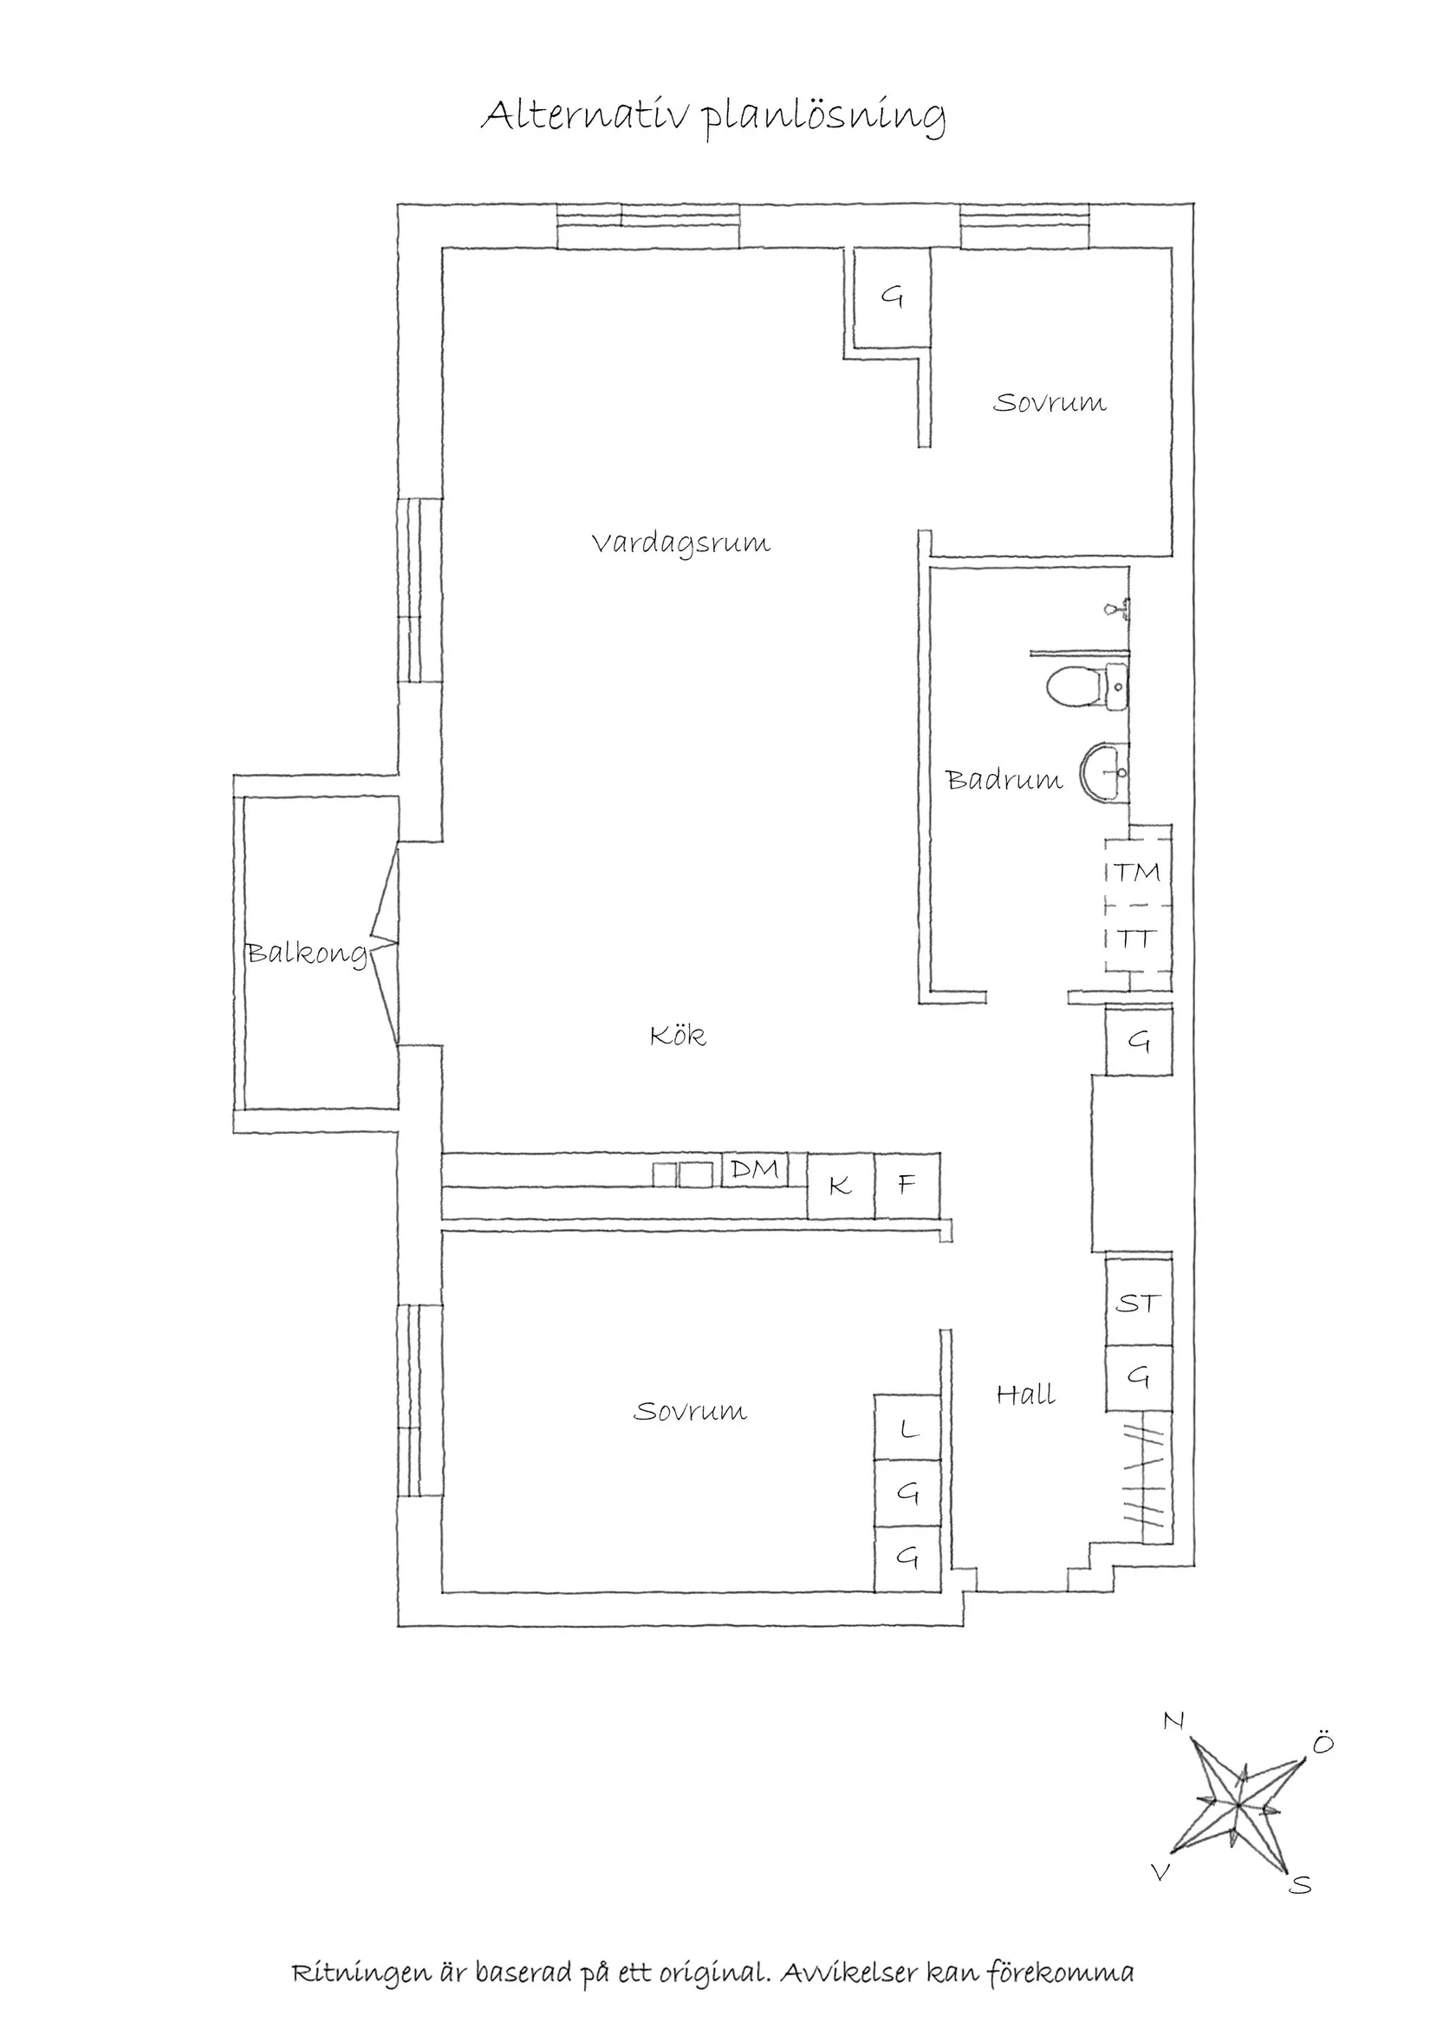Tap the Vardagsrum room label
pos(680,543)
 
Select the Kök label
pos(678,1036)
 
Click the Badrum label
pos(1004,780)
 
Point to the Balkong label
pos(306,952)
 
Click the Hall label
pos(1026,1395)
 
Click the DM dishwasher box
pos(755,1169)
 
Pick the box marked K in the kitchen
pos(841,1187)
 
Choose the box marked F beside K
pos(907,1187)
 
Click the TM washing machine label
pos(1138,873)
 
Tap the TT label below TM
pos(1136,939)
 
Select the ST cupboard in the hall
pos(1139,1304)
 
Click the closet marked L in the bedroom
pos(908,1427)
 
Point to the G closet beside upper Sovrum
pos(892,297)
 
